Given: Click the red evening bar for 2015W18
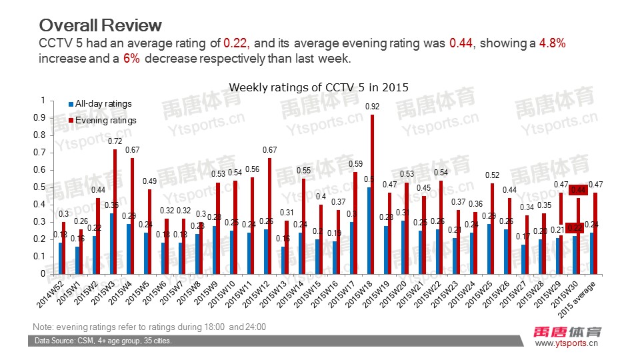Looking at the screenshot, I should (372, 194).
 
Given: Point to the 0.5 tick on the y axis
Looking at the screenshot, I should (43, 187).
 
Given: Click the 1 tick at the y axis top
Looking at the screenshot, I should (43, 101).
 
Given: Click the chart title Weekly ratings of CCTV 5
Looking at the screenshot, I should (318, 87).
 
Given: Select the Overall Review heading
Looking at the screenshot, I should (100, 25).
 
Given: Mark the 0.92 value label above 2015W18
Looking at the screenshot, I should (372, 107).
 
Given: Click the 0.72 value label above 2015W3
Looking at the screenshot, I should (115, 141).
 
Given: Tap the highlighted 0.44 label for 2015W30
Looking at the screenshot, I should (576, 190).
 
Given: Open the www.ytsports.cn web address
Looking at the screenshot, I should (567, 343).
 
